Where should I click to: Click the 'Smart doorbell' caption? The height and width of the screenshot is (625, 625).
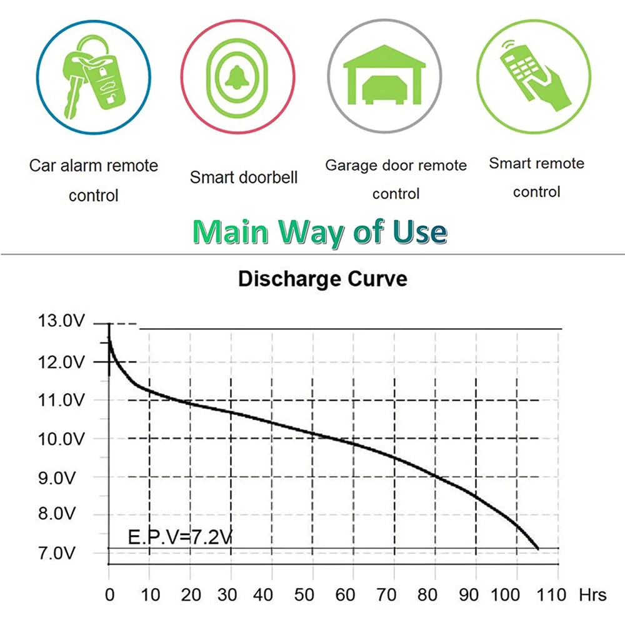(244, 177)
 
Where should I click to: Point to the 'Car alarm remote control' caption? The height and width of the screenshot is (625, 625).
(94, 181)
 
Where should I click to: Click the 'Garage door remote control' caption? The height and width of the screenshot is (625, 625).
(396, 179)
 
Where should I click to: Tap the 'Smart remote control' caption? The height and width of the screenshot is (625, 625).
(536, 177)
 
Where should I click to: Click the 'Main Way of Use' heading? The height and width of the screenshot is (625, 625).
(320, 232)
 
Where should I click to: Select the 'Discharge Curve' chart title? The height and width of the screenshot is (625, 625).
(322, 279)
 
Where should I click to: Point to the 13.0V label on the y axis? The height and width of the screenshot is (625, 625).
(60, 322)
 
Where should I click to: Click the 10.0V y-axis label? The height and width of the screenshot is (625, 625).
(60, 439)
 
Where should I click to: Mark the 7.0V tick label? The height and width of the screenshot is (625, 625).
(60, 553)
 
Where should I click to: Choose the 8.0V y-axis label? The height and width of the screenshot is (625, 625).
(60, 514)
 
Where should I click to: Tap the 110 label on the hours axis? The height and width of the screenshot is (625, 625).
(552, 594)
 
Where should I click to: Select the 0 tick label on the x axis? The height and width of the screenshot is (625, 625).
(109, 594)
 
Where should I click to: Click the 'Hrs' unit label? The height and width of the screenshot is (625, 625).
(592, 594)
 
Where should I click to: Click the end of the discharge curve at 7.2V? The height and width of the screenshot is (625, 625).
(537, 548)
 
